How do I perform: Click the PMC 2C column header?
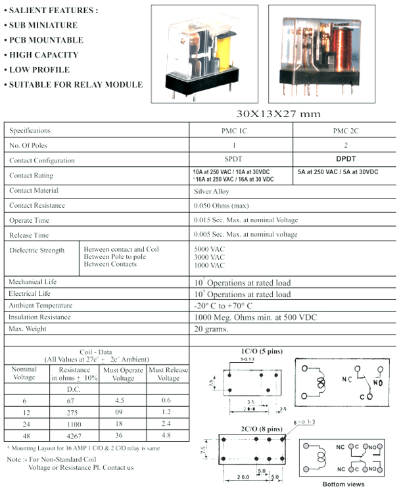(345, 131)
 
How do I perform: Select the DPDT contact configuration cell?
(345, 159)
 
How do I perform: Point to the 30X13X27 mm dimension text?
(278, 113)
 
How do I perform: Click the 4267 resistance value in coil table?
(74, 434)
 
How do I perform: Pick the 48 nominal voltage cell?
(24, 434)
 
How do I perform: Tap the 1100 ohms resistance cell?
(74, 424)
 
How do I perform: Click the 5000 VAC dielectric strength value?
(209, 250)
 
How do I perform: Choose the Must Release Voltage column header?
(168, 374)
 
